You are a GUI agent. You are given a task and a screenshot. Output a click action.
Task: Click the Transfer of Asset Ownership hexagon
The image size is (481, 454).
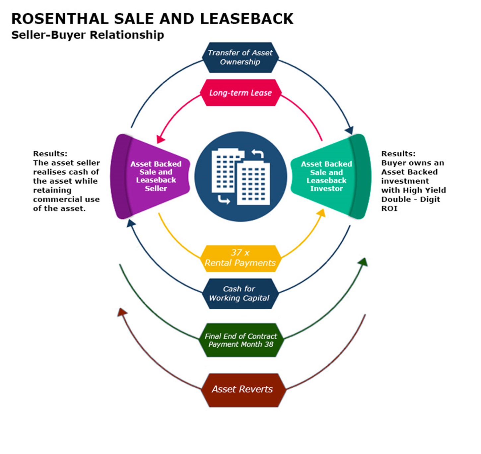pos(240,57)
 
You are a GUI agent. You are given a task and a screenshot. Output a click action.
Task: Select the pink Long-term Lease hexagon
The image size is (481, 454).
pos(240,93)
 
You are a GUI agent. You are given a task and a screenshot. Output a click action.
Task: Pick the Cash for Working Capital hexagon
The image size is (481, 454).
pos(240,293)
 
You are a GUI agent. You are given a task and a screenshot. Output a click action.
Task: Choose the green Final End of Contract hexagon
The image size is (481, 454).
pos(240,340)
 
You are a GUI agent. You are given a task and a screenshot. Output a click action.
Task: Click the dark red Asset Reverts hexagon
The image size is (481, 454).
pos(242,390)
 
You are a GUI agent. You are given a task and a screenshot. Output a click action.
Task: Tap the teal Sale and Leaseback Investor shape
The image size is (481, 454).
pos(330,176)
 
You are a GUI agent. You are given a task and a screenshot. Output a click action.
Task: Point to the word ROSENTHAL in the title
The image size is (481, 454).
pos(60,19)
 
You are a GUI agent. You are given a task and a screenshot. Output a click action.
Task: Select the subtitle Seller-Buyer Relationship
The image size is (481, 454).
pos(88,35)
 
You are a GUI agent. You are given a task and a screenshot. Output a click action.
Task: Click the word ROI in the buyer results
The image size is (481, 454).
pos(389,209)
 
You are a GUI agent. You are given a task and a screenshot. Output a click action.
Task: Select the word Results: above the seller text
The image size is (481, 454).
pos(50,154)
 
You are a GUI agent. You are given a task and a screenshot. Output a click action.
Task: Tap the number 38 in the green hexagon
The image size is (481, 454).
pos(269,344)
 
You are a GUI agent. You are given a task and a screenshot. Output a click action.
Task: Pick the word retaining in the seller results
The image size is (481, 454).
pos(52,190)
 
